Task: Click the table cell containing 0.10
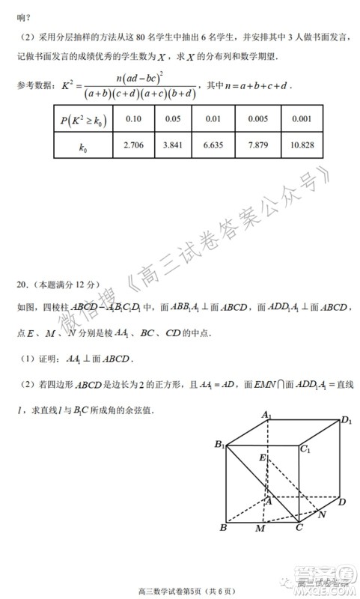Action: click(x=133, y=118)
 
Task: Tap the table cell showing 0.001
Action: click(x=301, y=118)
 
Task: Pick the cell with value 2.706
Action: click(x=133, y=145)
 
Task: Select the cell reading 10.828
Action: click(x=301, y=145)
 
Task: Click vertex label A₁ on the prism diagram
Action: click(x=266, y=415)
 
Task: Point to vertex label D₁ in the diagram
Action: click(x=346, y=421)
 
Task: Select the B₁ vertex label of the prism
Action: click(x=219, y=446)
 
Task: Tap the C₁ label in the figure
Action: click(x=305, y=450)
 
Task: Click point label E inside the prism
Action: click(x=262, y=457)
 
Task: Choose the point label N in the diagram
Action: click(x=323, y=515)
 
